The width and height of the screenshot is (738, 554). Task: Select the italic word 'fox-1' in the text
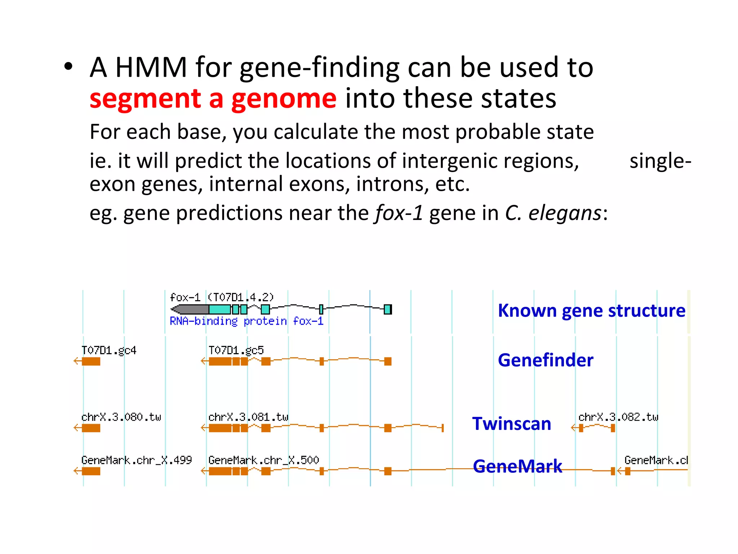coord(399,213)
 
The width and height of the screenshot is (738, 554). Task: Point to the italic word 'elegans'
coord(565,213)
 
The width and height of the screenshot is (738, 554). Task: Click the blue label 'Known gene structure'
coord(591,311)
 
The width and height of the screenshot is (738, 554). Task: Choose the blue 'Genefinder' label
coord(545,360)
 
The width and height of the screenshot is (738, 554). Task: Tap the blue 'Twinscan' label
coord(512,423)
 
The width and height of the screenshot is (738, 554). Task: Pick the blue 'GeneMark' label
coord(517,466)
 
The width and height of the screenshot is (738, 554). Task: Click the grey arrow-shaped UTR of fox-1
coord(190,309)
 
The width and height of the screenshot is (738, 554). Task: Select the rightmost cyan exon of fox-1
coord(388,309)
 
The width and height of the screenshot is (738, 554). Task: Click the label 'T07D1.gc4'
coord(109,350)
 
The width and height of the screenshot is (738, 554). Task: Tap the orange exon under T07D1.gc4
coord(91,361)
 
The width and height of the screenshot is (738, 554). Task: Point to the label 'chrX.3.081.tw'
coord(248,417)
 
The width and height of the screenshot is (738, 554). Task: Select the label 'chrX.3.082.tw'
coord(618,417)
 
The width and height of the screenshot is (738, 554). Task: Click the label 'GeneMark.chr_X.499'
coord(137,460)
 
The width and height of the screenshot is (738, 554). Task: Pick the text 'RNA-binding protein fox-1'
coord(246,321)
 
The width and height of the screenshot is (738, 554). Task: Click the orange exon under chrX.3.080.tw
coord(91,428)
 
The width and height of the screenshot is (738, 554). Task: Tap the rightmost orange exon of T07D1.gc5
coord(388,361)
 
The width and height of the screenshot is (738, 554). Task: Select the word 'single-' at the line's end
coord(660,161)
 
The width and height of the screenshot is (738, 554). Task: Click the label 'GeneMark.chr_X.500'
coord(263,460)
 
